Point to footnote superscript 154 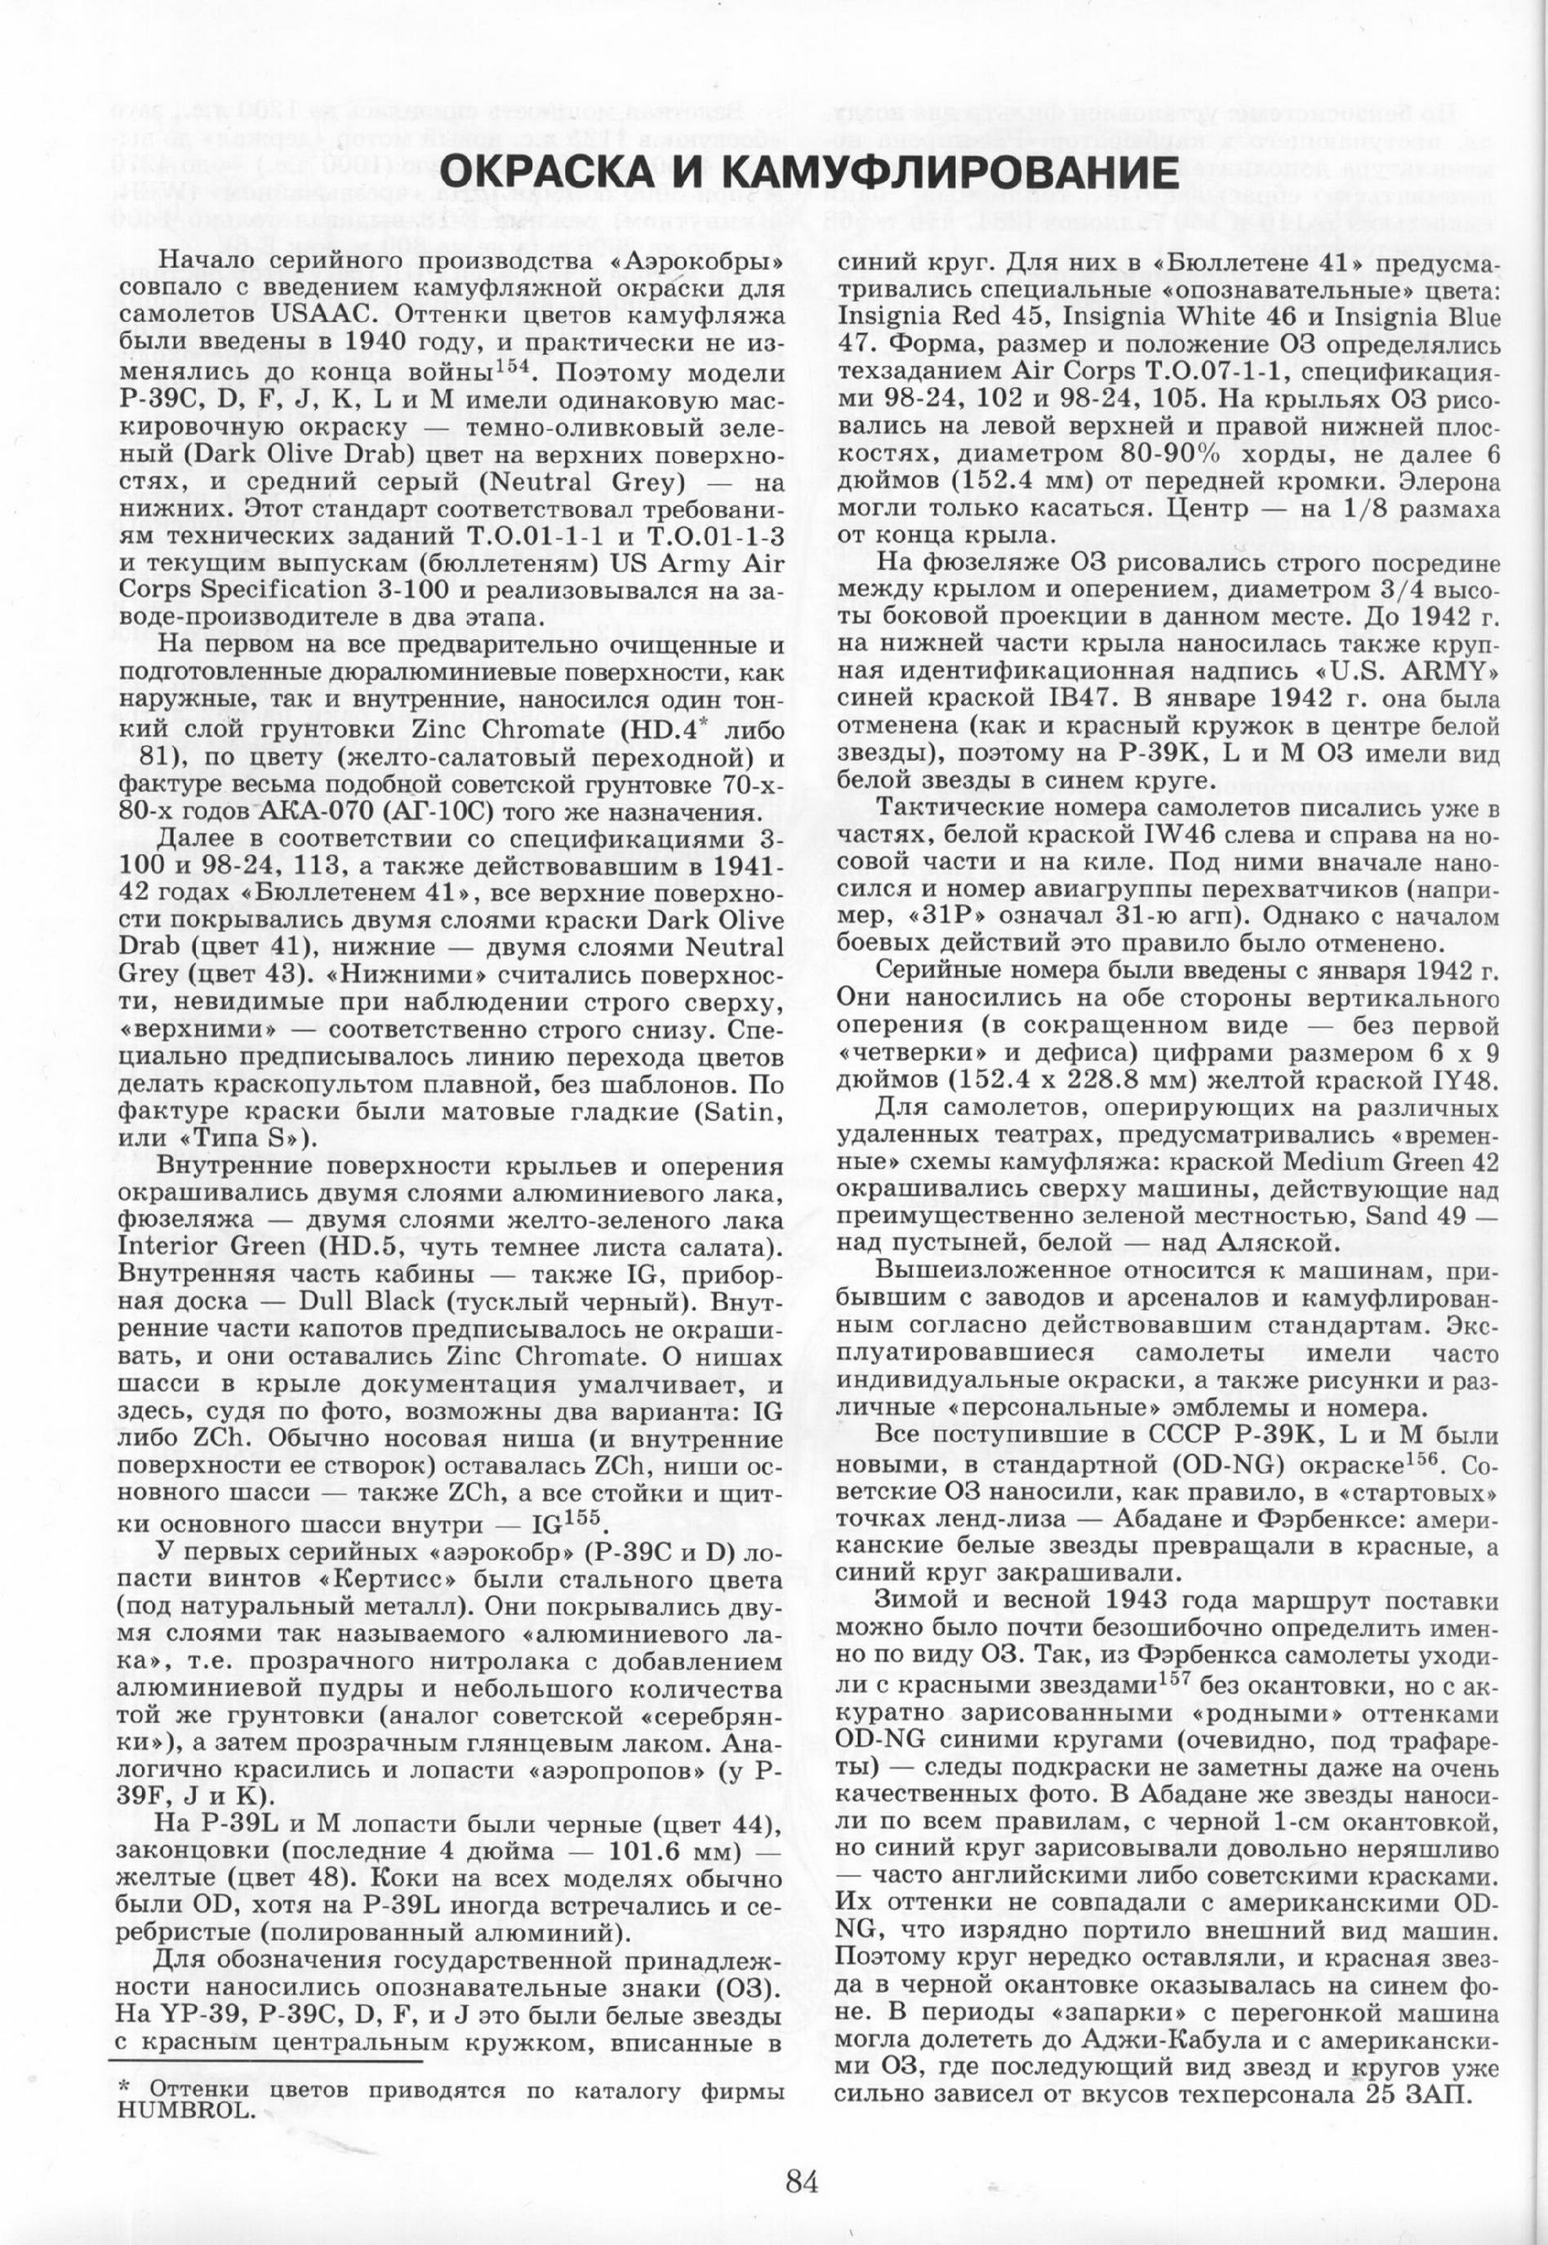515,366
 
